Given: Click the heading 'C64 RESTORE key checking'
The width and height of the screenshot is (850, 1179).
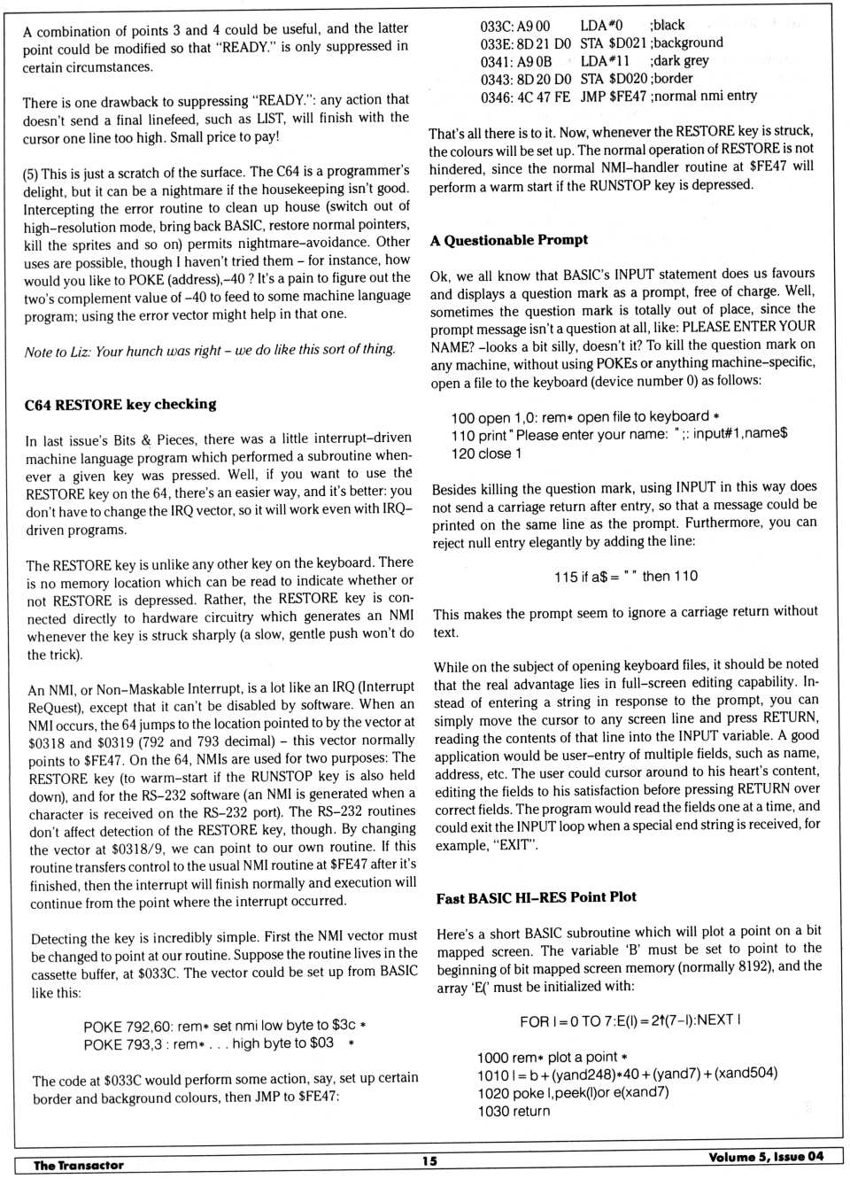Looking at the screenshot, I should [x=120, y=405].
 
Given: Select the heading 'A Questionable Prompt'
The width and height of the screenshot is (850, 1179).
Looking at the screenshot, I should [x=509, y=240].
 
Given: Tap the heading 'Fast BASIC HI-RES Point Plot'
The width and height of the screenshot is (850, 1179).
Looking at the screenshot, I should [x=536, y=897].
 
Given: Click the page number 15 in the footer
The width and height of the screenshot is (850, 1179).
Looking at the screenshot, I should [x=429, y=1161].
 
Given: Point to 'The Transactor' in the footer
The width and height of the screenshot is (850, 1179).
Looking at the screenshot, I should [x=79, y=1165].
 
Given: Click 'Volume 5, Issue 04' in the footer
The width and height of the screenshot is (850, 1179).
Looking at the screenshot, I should [x=765, y=1157].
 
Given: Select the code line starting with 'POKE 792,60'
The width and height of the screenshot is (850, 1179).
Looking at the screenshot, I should [x=225, y=1025].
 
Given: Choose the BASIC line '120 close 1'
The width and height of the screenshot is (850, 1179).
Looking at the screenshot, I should [x=486, y=454].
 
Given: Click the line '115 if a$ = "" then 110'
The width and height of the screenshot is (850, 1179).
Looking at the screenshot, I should [x=626, y=577].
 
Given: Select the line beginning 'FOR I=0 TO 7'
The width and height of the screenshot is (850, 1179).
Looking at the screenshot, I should [x=630, y=1020].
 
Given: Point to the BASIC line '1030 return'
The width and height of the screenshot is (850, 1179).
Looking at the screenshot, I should [x=514, y=1111].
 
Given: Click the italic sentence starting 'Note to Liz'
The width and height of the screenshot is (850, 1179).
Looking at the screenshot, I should [x=210, y=351].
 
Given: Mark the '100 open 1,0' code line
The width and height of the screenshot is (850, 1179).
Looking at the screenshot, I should [x=584, y=417].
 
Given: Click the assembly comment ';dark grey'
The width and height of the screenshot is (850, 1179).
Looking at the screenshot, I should [x=679, y=61].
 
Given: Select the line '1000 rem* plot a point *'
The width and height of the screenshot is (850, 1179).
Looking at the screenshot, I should [x=552, y=1057].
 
